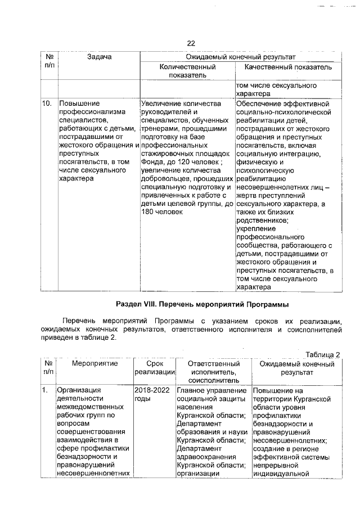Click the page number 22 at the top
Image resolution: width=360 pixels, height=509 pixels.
(x=190, y=44)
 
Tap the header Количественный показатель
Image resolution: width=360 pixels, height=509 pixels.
(x=187, y=71)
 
